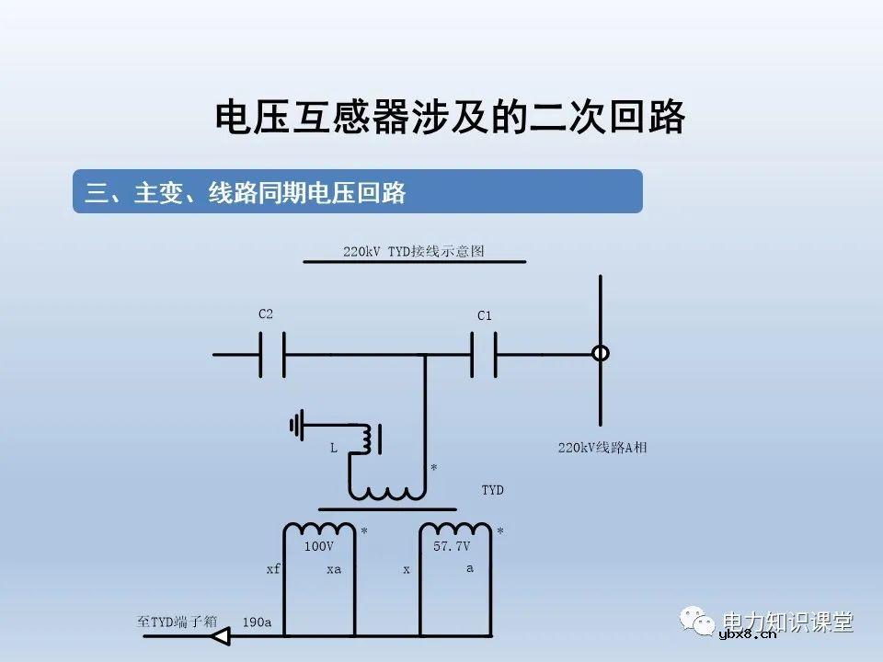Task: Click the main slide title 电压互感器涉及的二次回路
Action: tap(450, 118)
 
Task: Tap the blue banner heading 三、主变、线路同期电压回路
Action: tap(247, 192)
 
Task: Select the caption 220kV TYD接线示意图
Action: tap(414, 251)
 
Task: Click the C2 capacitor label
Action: tap(266, 314)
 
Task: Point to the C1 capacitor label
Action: tap(485, 316)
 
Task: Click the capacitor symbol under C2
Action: tap(271, 354)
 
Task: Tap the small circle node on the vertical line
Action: tap(600, 353)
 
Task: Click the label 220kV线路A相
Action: tap(602, 448)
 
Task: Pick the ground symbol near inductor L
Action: tap(297, 425)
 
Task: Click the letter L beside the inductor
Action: tap(333, 448)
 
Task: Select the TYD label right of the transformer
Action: tap(493, 490)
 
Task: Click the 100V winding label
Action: tap(318, 546)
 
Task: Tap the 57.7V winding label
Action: tap(452, 546)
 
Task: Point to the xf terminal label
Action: tap(273, 569)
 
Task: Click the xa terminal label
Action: tap(334, 569)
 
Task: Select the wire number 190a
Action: tap(257, 622)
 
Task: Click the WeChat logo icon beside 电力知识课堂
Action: tap(700, 622)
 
